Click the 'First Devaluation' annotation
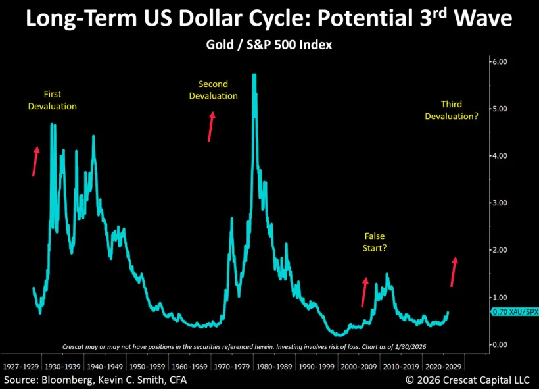pyautogui.click(x=52, y=100)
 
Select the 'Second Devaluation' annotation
pyautogui.click(x=213, y=90)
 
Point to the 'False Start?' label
pyautogui.click(x=375, y=242)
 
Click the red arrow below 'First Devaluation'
pyautogui.click(x=35, y=161)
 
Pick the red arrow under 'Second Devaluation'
pyautogui.click(x=211, y=126)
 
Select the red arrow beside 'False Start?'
pyautogui.click(x=363, y=292)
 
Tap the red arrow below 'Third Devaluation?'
pyautogui.click(x=453, y=272)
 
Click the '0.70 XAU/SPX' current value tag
pyautogui.click(x=514, y=312)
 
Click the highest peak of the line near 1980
pyautogui.click(x=254, y=75)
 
